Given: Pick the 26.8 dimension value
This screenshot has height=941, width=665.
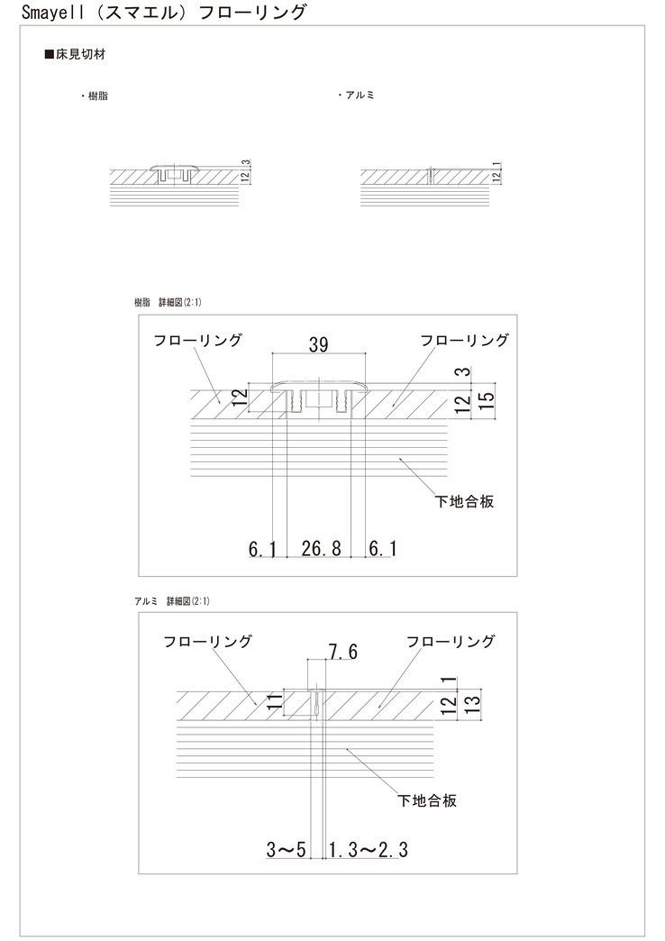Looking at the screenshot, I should coord(321,548).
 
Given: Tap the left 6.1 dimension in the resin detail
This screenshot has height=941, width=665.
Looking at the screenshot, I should coord(263,548).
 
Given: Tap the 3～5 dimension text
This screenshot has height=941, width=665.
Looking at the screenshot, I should coord(287,849).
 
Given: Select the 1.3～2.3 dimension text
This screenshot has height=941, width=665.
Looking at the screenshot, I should coord(369,849).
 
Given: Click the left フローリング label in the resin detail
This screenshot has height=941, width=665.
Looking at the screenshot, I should coord(196,341).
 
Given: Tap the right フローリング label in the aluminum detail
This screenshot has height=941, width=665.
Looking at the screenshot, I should coord(451,642).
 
